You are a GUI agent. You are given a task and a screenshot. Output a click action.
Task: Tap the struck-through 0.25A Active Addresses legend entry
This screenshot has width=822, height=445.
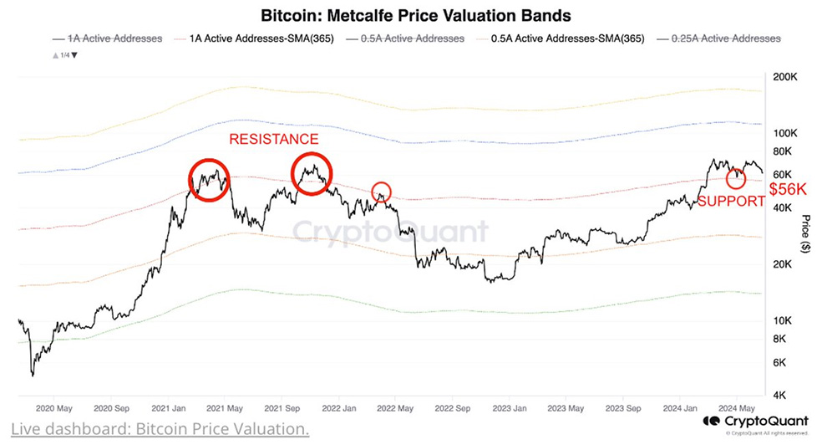click(x=726, y=38)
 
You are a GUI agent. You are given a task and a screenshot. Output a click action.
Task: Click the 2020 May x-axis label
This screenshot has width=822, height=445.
click(x=57, y=410)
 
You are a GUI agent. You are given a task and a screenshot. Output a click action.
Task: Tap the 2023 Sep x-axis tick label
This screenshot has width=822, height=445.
click(x=622, y=410)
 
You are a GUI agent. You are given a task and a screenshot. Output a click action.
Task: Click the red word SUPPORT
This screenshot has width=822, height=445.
click(x=730, y=201)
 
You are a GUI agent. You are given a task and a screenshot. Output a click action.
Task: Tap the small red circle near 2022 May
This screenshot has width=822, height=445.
click(x=381, y=192)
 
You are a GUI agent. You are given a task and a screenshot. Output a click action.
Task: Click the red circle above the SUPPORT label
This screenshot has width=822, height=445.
click(x=736, y=178)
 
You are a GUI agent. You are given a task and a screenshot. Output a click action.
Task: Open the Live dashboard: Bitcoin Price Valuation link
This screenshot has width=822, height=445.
click(x=155, y=430)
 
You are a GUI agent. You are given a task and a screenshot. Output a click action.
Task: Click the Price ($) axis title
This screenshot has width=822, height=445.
click(x=805, y=236)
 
